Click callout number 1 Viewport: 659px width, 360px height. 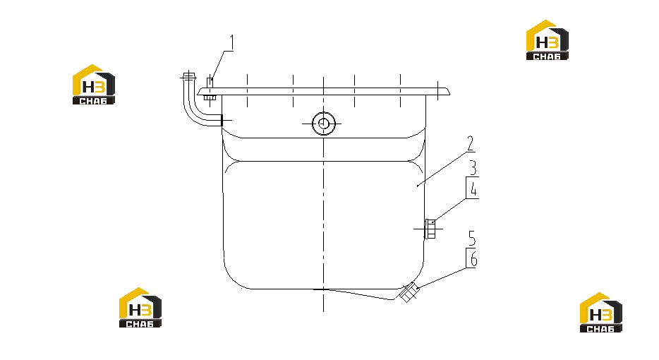231,42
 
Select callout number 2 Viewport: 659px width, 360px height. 471,143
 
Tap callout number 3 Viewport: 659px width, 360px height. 473,167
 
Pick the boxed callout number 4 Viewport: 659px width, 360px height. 473,188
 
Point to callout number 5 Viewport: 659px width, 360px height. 472,238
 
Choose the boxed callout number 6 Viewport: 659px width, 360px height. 473,258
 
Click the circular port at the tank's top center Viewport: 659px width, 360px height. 324,124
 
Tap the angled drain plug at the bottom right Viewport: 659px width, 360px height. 408,292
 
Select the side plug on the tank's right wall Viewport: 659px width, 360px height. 430,229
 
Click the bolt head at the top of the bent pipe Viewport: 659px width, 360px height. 188,76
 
